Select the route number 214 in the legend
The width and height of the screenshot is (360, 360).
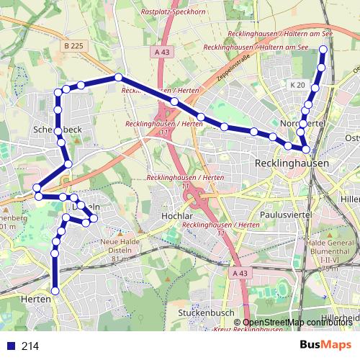point(30,346)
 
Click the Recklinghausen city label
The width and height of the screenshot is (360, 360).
point(292,164)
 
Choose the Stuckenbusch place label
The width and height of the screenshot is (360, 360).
point(207,313)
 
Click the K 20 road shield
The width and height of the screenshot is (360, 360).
point(297,85)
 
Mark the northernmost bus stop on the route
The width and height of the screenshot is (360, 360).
point(323,50)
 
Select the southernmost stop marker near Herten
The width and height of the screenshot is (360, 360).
point(55,289)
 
